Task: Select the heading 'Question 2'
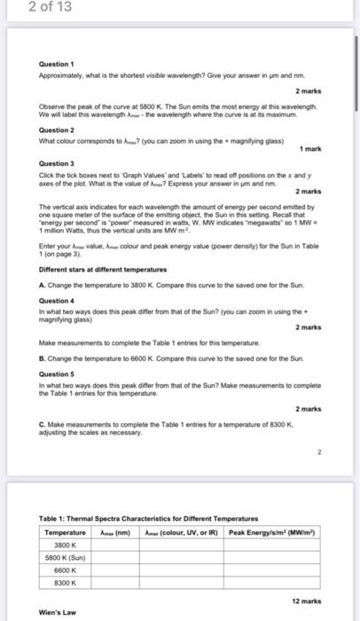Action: click(x=57, y=130)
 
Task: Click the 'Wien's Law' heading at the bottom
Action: click(x=58, y=612)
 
